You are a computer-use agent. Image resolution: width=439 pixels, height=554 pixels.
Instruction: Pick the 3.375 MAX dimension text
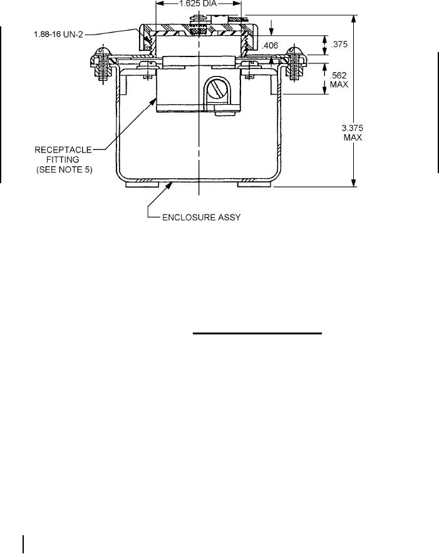point(354,132)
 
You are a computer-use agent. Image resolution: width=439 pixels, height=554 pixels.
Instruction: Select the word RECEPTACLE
point(62,149)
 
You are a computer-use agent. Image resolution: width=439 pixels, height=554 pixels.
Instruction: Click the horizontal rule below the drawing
point(257,334)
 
